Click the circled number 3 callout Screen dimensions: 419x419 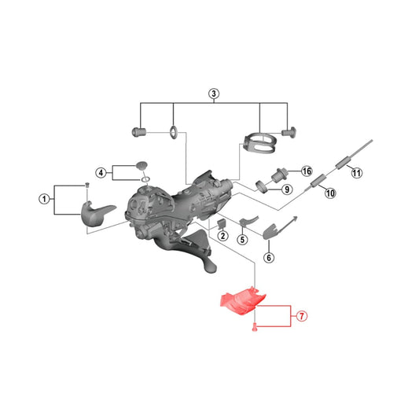coord(214,94)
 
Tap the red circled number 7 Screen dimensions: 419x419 coord(302,317)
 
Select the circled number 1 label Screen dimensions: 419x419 coord(45,199)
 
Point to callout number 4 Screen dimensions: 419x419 coord(101,173)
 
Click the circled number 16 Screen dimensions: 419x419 coord(306,171)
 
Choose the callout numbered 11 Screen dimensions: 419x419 coord(356,173)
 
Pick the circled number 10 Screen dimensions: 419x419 coord(329,193)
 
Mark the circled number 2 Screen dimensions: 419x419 coord(222,236)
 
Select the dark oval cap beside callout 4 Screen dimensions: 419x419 coord(142,166)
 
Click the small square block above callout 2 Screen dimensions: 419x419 coord(222,223)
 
